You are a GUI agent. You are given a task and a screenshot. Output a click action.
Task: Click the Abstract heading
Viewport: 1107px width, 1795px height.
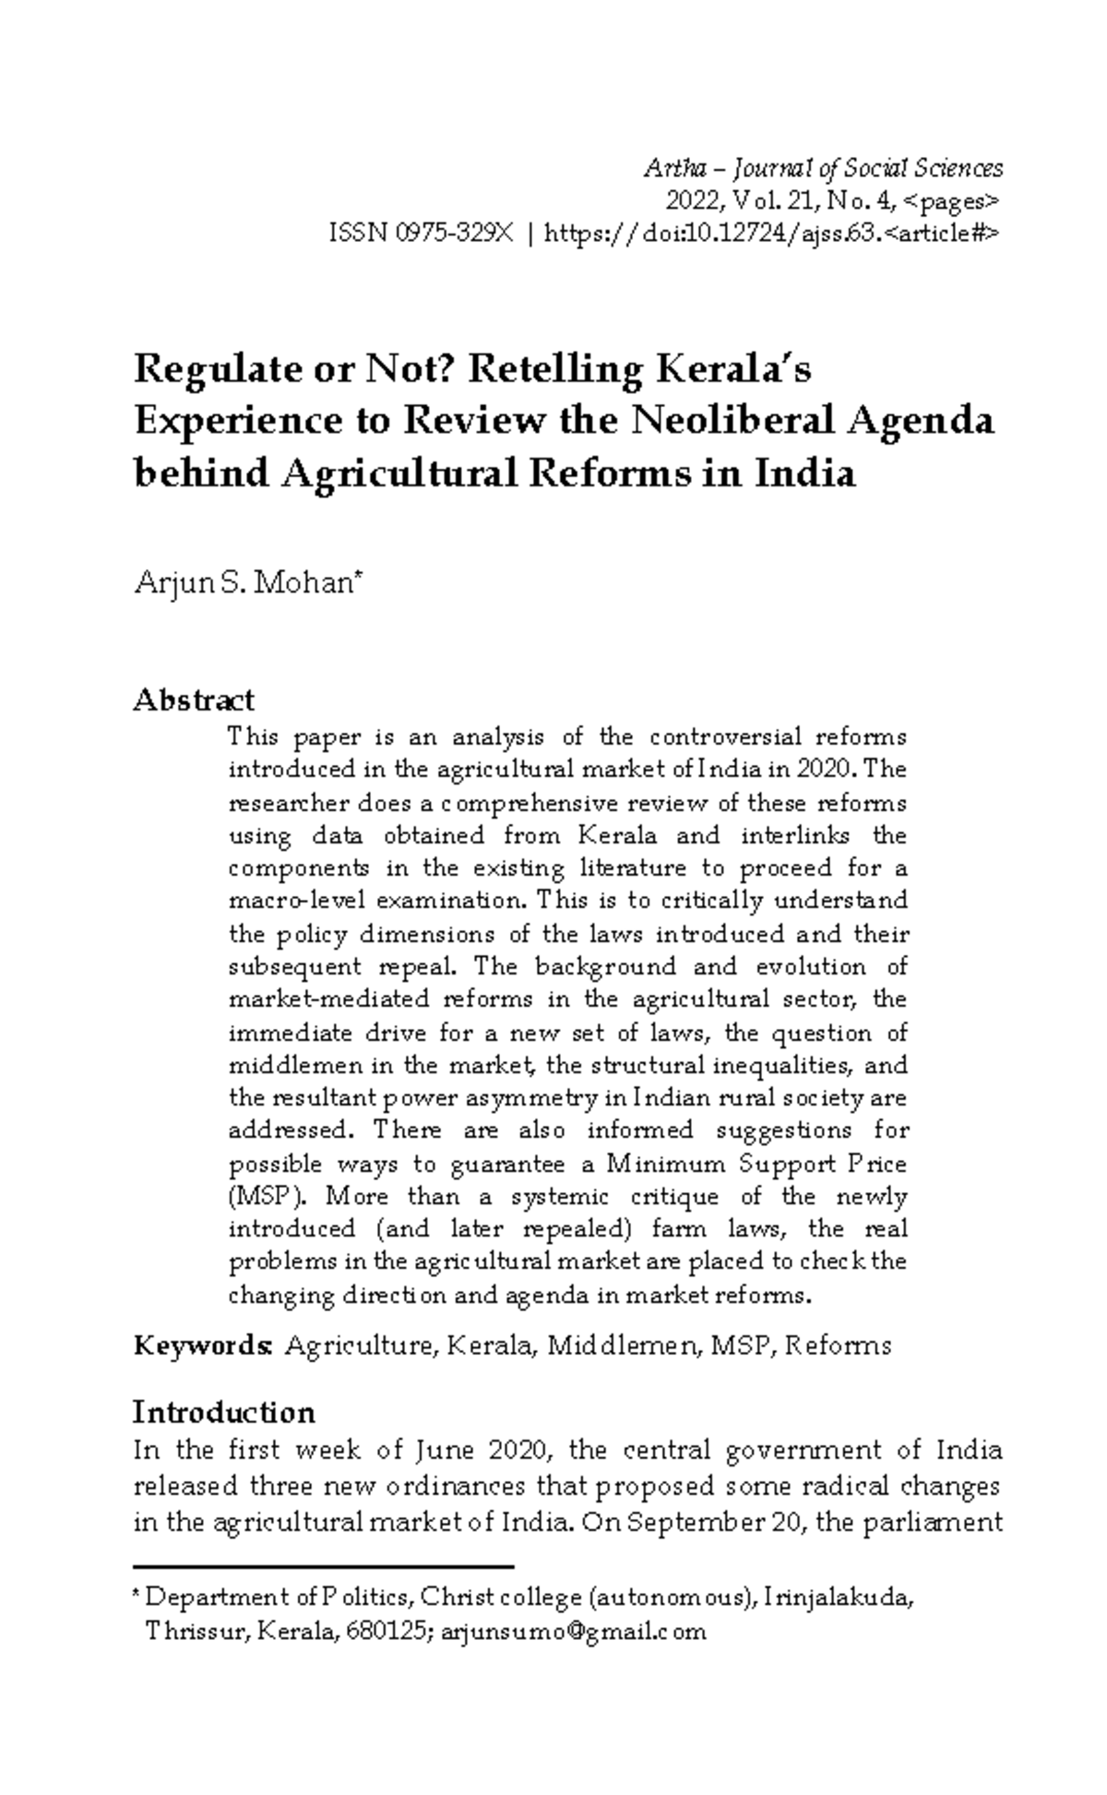194,700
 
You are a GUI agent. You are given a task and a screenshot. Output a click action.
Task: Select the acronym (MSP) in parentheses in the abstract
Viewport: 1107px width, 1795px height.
266,1197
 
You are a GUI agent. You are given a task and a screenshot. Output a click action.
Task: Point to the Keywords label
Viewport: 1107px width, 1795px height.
202,1345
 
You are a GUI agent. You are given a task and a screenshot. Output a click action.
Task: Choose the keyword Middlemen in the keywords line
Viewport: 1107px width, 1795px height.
624,1345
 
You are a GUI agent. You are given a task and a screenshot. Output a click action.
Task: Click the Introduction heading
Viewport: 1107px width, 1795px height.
224,1412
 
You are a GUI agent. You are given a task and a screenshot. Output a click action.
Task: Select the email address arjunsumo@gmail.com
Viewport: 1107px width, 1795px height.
574,1632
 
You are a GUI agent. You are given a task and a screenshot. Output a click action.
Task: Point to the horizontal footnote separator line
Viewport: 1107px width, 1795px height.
323,1566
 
